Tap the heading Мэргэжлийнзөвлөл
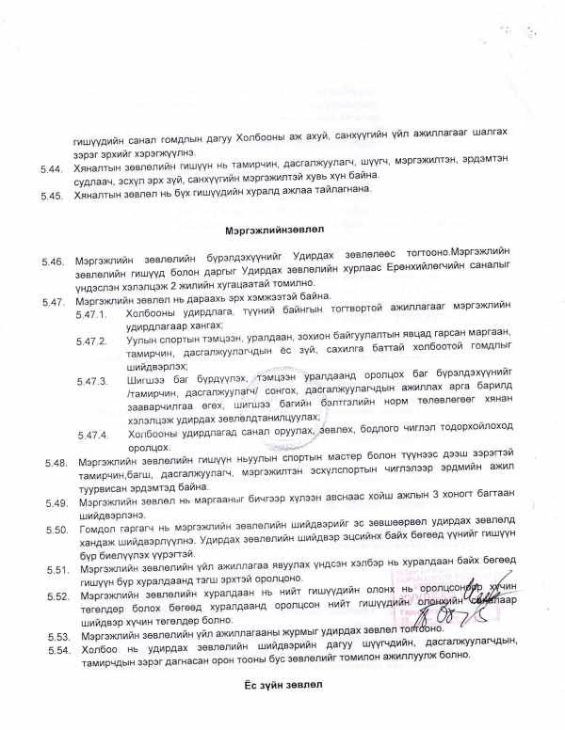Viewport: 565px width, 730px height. pyautogui.click(x=274, y=230)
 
